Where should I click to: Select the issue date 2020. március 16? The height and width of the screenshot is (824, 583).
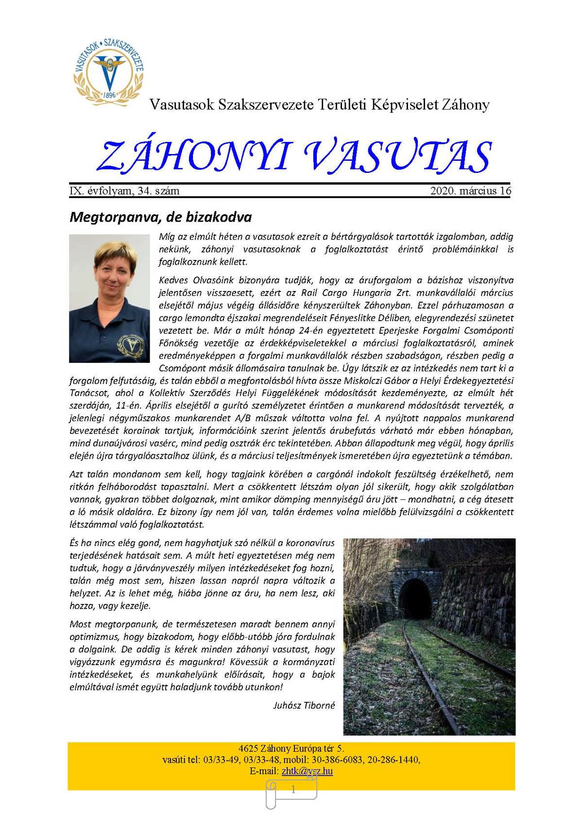470,191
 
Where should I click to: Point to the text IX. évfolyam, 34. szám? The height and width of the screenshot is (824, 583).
125,191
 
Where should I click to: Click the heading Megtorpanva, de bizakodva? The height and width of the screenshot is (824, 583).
160,217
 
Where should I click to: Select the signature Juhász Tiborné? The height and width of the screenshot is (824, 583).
304,705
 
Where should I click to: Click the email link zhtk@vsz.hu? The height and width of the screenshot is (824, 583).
307,771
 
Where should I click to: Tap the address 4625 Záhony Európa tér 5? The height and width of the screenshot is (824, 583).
291,749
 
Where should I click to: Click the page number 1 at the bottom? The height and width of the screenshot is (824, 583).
293,790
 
